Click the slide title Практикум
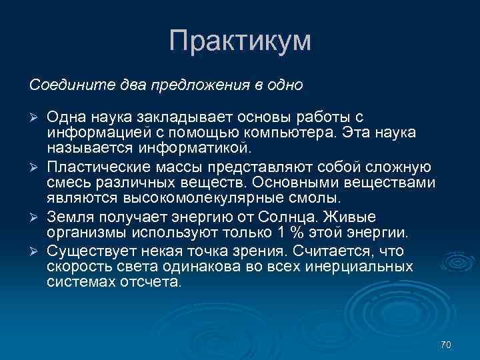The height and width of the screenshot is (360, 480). pos(240,41)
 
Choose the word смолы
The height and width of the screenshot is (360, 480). pos(322,199)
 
